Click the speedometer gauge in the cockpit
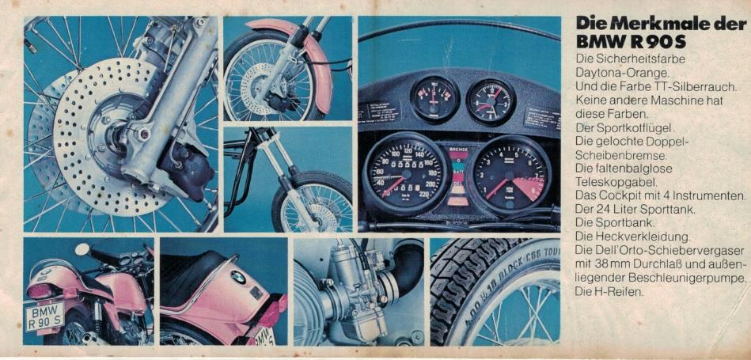pos(406,173)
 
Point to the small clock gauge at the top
pos(491,101)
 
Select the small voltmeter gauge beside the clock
pos(435,99)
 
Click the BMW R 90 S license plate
pos(44,316)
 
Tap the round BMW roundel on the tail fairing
pos(238,277)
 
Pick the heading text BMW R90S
pos(631,42)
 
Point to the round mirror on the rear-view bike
pos(82,249)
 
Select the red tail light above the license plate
pos(43,290)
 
